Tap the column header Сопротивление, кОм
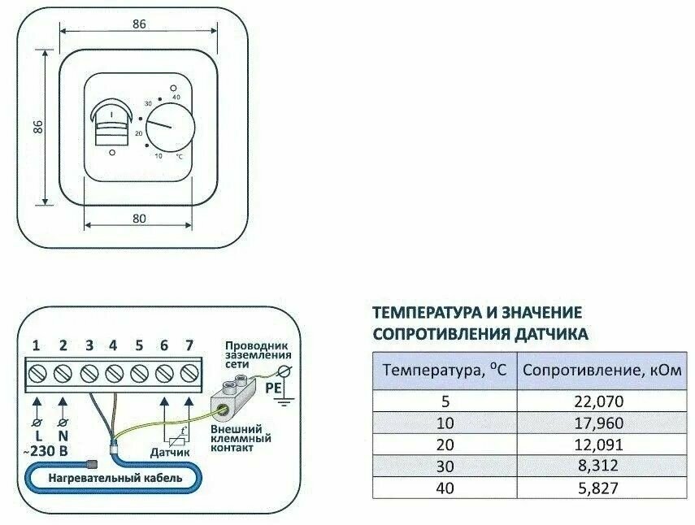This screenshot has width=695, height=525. (x=602, y=370)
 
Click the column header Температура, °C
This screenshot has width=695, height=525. (x=445, y=370)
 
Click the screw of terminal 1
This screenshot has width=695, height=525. (x=37, y=373)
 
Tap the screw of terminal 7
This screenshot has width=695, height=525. (x=189, y=373)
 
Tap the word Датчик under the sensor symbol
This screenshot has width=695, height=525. (x=169, y=451)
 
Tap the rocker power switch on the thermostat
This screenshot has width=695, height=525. (x=111, y=122)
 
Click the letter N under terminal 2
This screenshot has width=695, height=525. (x=63, y=436)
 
